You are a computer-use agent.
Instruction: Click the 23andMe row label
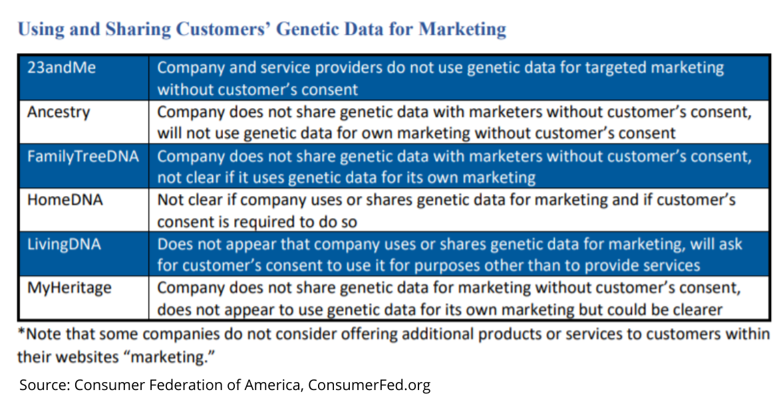pyautogui.click(x=61, y=67)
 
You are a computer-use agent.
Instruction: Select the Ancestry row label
pyautogui.click(x=59, y=112)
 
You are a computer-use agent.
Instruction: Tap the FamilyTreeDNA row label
pyautogui.click(x=83, y=156)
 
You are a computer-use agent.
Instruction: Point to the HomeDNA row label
pyautogui.click(x=65, y=200)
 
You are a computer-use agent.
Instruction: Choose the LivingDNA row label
pyautogui.click(x=64, y=245)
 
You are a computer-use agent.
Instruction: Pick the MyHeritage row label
pyautogui.click(x=69, y=288)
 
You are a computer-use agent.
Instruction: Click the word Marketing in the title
pyautogui.click(x=462, y=29)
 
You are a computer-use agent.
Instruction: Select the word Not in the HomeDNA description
pyautogui.click(x=169, y=200)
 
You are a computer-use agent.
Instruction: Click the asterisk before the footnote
pyautogui.click(x=21, y=331)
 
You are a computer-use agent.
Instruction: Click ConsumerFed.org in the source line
pyautogui.click(x=369, y=385)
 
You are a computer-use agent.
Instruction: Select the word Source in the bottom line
pyautogui.click(x=45, y=385)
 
